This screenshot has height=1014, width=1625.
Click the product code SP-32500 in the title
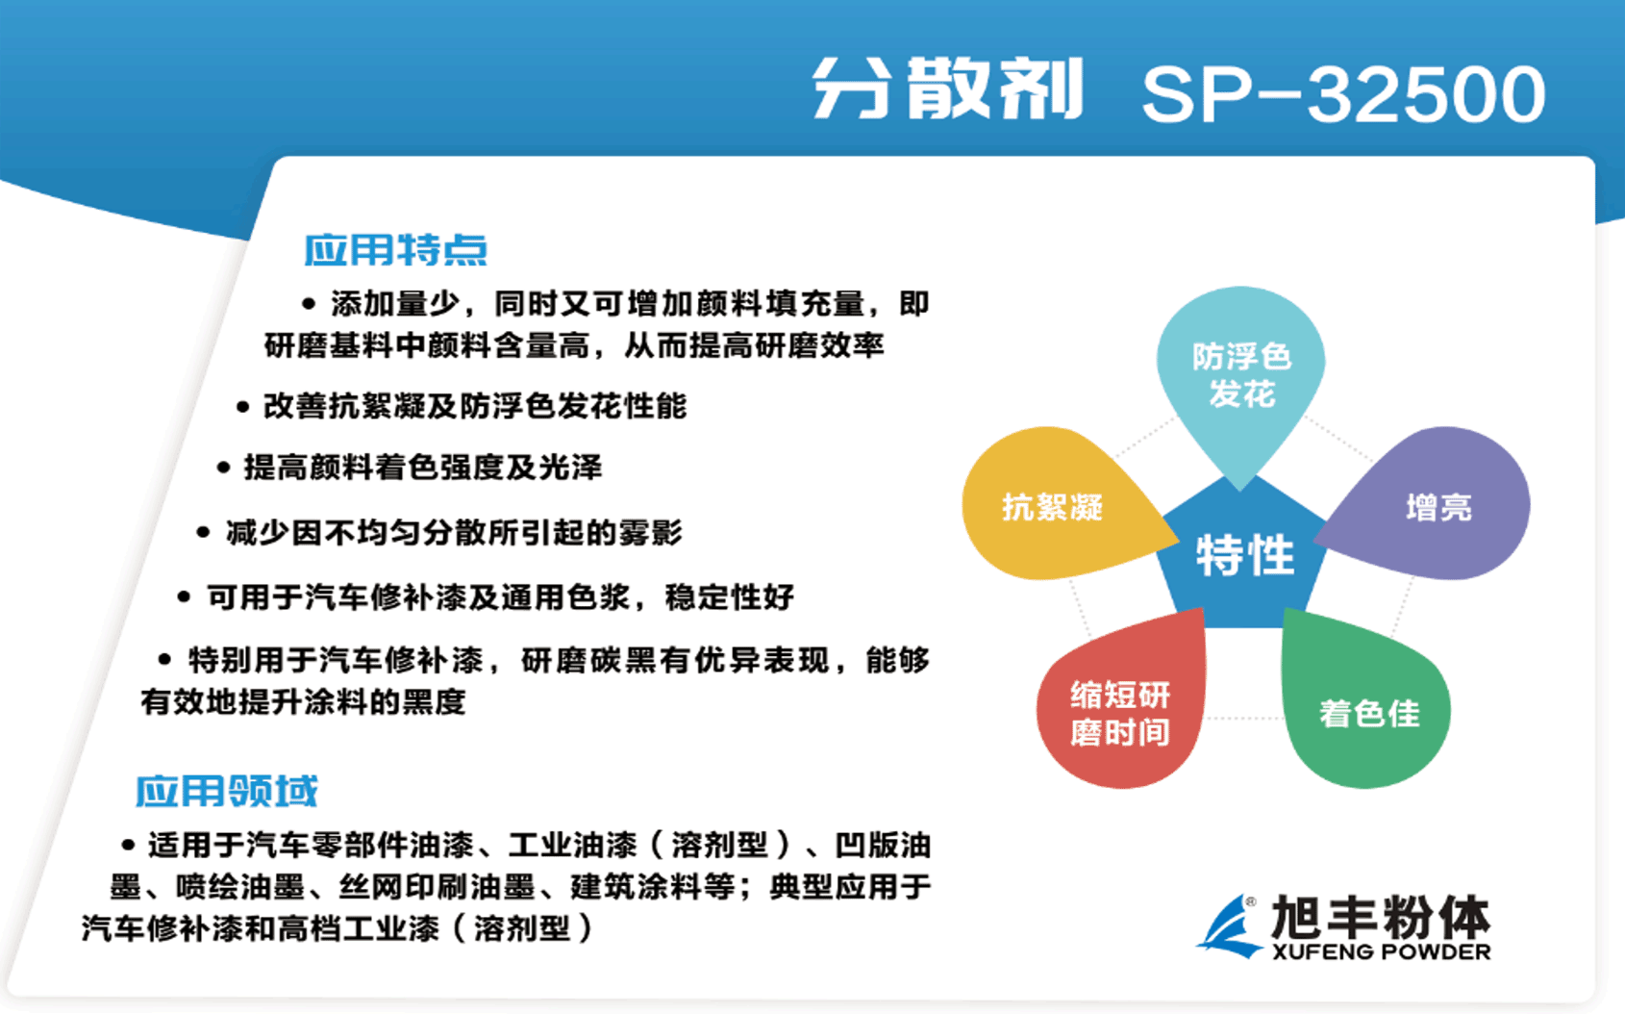pos(1342,94)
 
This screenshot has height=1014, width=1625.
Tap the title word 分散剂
pos(948,89)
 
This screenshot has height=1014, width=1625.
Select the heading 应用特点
pos(395,250)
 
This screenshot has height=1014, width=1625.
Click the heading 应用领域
pos(226,791)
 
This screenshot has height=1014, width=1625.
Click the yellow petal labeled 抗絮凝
pos(1052,506)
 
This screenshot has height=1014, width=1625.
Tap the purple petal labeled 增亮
pos(1438,506)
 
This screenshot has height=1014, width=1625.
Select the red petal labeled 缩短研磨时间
pos(1120,713)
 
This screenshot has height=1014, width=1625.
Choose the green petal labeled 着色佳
pos(1368,713)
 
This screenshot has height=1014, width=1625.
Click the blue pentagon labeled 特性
pos(1244,556)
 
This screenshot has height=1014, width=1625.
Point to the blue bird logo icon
pos(1230,926)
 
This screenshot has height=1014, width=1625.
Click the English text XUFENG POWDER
pos(1381,952)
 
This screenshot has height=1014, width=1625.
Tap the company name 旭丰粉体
pos(1381,917)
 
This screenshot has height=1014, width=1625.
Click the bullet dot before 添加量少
pos(309,304)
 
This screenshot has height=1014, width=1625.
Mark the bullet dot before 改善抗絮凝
pos(242,407)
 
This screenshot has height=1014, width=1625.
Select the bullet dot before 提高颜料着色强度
pos(223,469)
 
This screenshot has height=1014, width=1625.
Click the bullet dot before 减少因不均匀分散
pos(203,532)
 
